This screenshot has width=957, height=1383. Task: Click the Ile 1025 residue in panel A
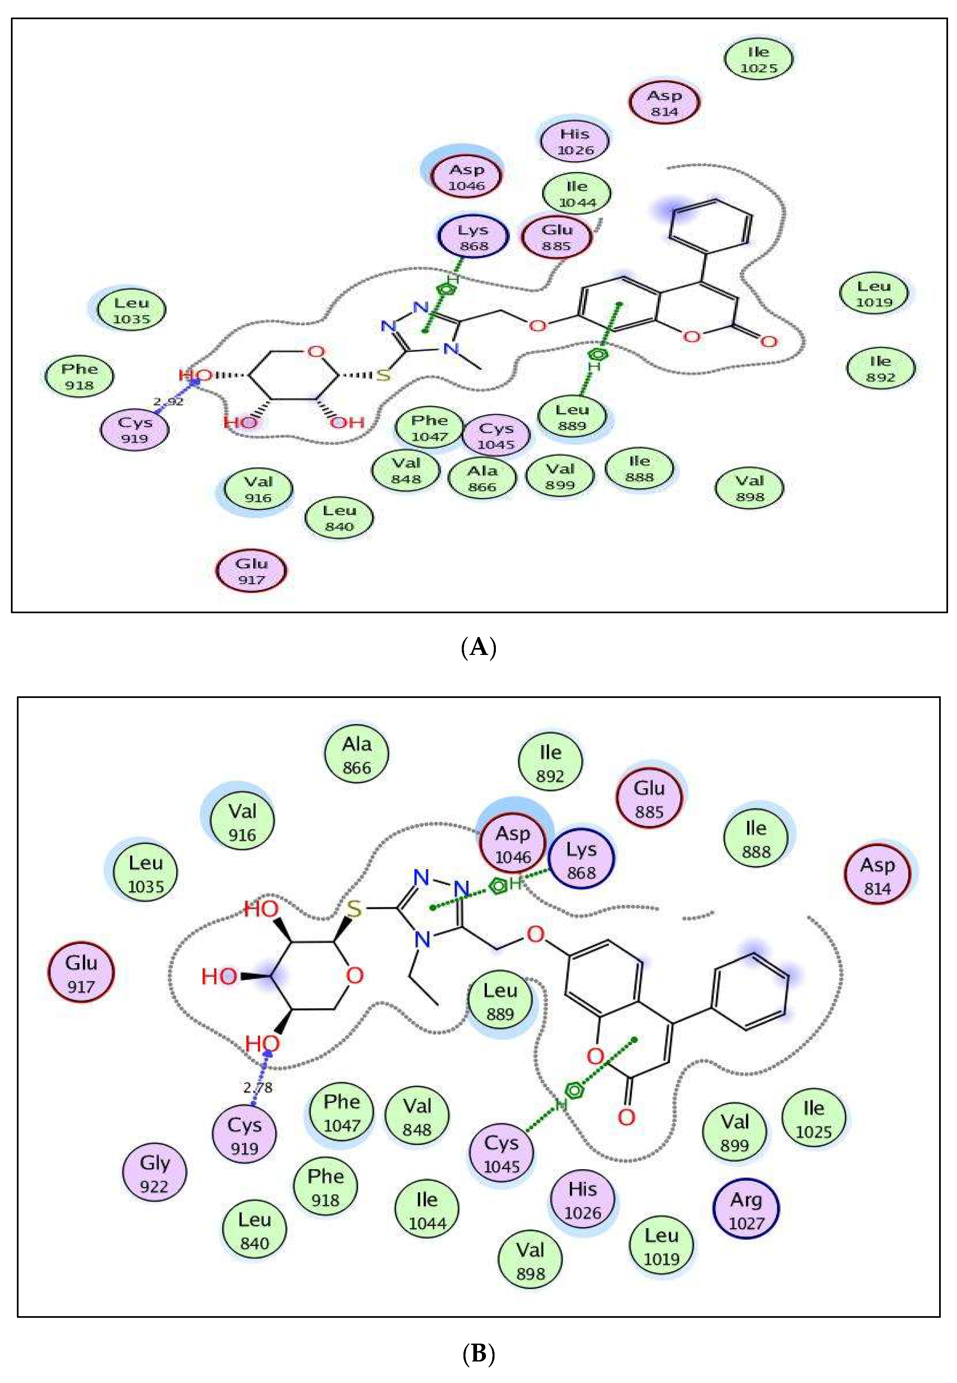pos(758,59)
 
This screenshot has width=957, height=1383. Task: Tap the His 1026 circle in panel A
pos(574,141)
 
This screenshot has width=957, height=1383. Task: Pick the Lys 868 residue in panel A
pos(473,237)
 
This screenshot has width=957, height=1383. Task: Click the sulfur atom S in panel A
pos(383,376)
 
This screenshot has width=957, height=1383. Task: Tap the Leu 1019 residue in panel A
pos(874,294)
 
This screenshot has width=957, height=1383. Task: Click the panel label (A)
pos(479,647)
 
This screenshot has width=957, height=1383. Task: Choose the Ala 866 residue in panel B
pos(357,755)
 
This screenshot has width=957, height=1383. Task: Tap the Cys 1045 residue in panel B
pos(501,1153)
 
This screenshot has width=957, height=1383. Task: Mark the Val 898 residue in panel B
pos(530,1261)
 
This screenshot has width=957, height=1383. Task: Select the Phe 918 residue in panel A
pos(79,377)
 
